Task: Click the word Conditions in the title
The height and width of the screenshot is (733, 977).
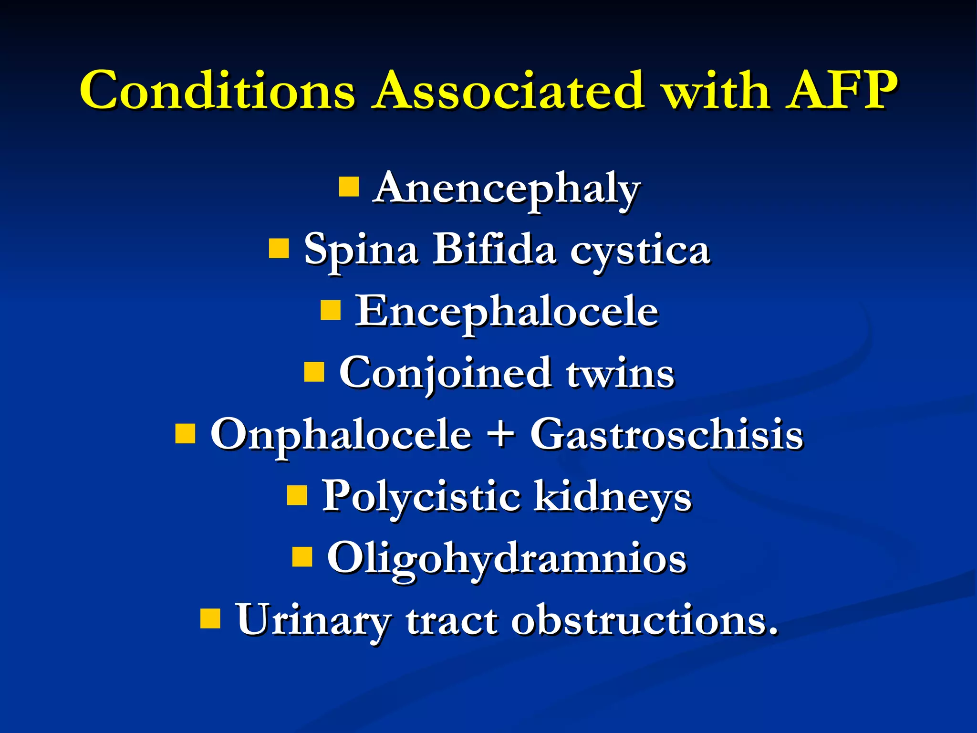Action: [218, 91]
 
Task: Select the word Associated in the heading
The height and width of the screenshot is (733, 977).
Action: [509, 91]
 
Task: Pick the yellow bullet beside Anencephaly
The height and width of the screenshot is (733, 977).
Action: [349, 187]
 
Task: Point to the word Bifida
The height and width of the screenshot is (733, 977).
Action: [494, 249]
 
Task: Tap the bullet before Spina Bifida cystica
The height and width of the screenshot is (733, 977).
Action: [279, 249]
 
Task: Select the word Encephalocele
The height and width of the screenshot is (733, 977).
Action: [507, 311]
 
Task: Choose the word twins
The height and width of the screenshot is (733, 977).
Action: [620, 373]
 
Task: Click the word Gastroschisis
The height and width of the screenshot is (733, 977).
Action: [667, 434]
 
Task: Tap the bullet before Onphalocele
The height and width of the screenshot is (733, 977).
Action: [185, 434]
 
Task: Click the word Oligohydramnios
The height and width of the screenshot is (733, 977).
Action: [507, 559]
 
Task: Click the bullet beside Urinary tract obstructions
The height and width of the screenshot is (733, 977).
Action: [210, 618]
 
